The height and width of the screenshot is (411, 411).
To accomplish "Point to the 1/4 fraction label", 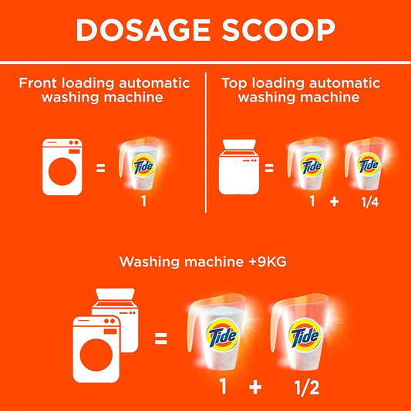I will point(368,204).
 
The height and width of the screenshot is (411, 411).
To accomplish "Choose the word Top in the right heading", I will point(235,83).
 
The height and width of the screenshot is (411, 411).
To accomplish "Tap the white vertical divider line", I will point(205,143).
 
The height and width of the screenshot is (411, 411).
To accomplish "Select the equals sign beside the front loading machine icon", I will point(101,166).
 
